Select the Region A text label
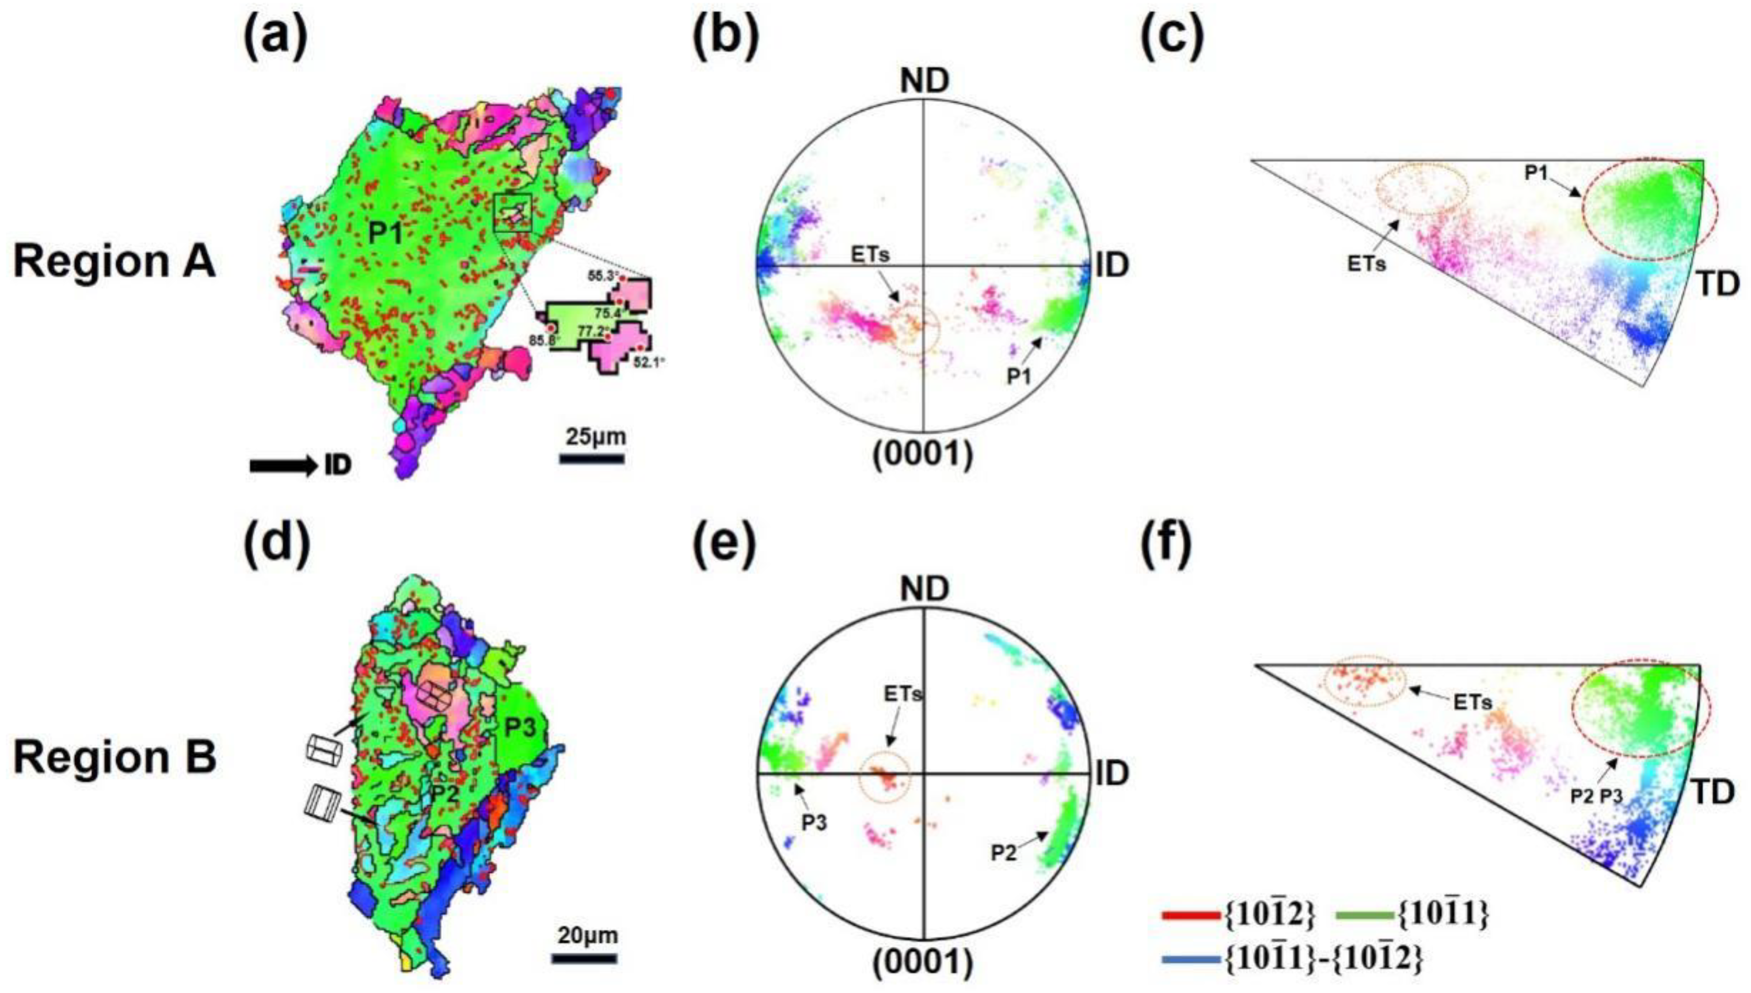115,262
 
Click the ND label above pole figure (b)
925,81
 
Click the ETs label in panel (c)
1367,264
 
